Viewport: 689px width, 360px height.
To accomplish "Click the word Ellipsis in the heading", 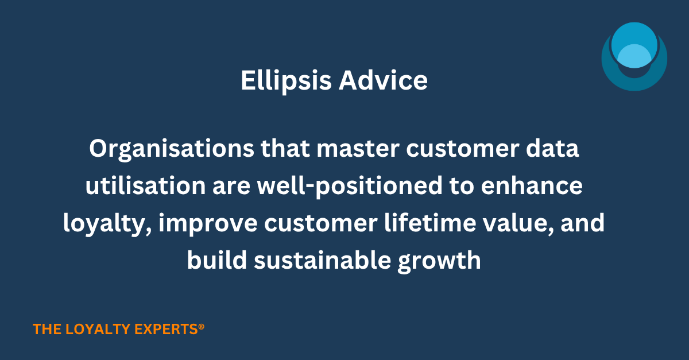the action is pyautogui.click(x=286, y=80).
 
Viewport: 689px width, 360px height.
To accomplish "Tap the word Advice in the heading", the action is pyautogui.click(x=384, y=80).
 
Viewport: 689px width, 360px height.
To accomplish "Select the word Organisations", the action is pyautogui.click(x=172, y=149).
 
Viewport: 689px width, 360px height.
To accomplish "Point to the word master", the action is pyautogui.click(x=358, y=149).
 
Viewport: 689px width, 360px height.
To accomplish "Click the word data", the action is pyautogui.click(x=552, y=148).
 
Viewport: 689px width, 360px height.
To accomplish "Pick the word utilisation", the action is pyautogui.click(x=145, y=185).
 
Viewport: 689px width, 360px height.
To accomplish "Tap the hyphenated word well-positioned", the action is pyautogui.click(x=350, y=187).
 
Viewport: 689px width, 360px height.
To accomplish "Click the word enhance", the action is pyautogui.click(x=532, y=185).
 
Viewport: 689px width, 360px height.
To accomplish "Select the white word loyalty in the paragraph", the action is pyautogui.click(x=107, y=224).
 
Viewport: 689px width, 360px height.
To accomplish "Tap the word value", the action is pyautogui.click(x=518, y=223).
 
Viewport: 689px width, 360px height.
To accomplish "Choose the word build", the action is pyautogui.click(x=217, y=260).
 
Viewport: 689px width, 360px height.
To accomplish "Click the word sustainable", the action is pyautogui.click(x=322, y=260).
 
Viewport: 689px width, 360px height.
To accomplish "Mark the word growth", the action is pyautogui.click(x=439, y=261).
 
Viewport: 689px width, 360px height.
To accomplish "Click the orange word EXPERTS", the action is pyautogui.click(x=166, y=329).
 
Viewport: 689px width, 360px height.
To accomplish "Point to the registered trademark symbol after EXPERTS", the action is pyautogui.click(x=201, y=327).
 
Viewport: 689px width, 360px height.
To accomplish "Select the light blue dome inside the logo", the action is pyautogui.click(x=634, y=56).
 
